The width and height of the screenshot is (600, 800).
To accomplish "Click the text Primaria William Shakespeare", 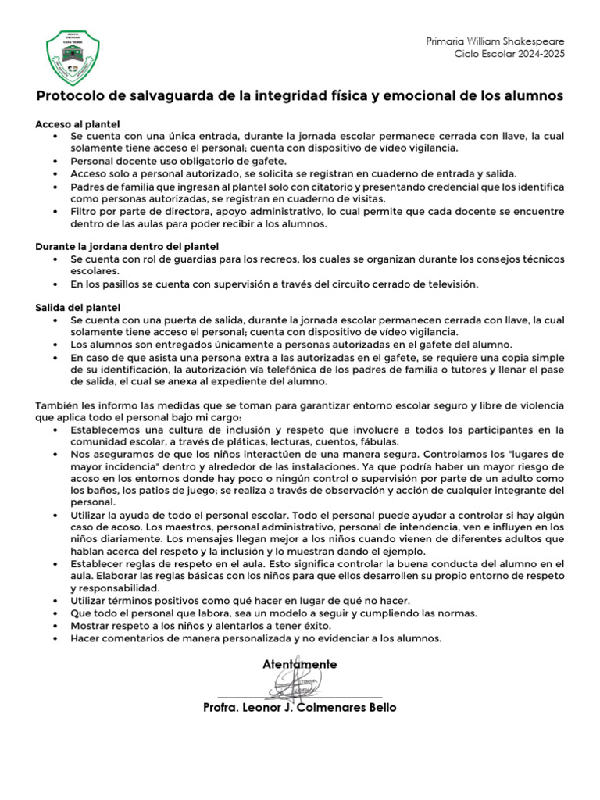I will (495, 41).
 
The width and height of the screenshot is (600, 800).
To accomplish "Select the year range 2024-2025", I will (537, 53).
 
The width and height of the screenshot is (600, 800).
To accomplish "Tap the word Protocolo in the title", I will (70, 96).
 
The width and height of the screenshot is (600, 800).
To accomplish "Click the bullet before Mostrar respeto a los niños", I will (54, 626).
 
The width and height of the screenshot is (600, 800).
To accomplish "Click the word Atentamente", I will (300, 664).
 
